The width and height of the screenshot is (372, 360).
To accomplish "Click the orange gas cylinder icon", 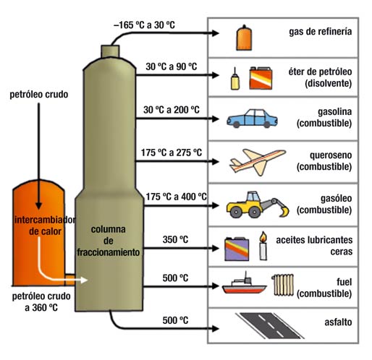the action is (244, 38).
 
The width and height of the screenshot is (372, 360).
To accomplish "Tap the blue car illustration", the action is (252, 119).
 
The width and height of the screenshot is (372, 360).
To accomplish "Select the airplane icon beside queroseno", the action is (258, 162).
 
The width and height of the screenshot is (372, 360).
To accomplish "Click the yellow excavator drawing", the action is (258, 205).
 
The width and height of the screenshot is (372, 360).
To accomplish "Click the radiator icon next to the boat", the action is (283, 285).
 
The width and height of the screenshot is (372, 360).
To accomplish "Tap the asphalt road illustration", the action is (269, 325).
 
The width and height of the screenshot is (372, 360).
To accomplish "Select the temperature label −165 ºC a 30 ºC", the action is (144, 25).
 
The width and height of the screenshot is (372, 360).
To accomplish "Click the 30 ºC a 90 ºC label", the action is (172, 67).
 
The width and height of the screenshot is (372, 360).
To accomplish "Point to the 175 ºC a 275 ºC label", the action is (172, 153).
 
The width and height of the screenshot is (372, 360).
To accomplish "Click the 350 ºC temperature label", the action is (175, 239).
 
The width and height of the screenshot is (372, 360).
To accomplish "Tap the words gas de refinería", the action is (321, 32).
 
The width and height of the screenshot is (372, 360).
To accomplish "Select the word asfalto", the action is (338, 322).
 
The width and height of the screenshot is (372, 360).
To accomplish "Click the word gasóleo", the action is (336, 199).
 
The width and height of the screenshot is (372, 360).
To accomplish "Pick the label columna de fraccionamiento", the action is (109, 241).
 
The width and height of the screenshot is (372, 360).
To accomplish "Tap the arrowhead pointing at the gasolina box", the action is (216, 119).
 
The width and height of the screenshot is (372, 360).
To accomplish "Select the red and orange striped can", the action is (261, 78).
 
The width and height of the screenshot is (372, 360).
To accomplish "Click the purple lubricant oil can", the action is (237, 249).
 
